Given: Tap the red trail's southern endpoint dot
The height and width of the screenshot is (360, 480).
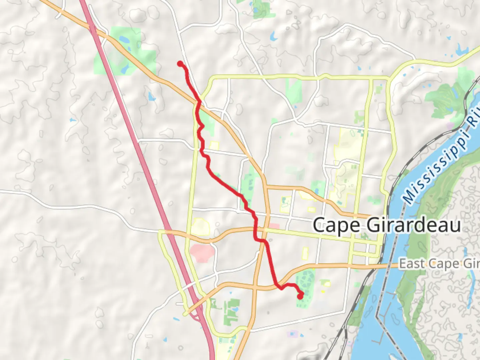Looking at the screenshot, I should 300,295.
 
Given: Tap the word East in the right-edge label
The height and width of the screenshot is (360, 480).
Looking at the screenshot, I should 413,264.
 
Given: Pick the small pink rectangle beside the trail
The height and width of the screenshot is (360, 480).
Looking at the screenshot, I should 274,226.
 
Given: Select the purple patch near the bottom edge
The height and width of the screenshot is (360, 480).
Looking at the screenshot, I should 292,334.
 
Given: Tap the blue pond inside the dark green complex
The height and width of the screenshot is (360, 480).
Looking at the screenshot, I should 235,310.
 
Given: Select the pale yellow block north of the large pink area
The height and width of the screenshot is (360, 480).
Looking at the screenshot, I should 200,227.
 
